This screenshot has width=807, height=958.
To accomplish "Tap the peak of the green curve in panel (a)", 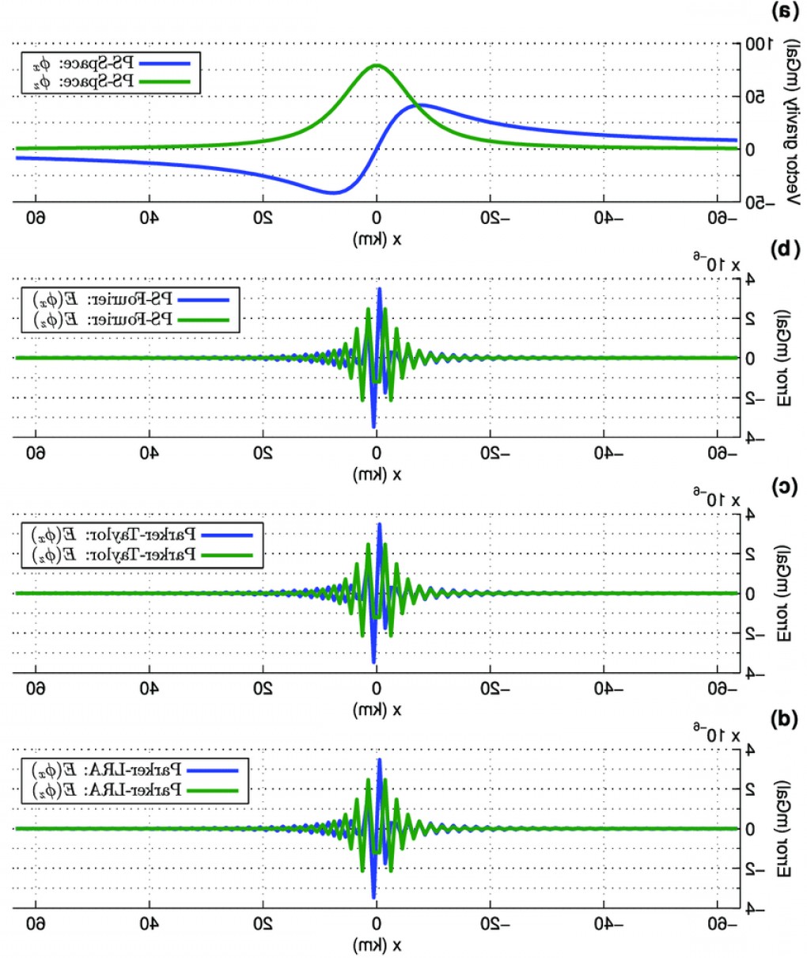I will [377, 66].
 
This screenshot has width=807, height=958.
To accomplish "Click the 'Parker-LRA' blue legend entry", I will [139, 770].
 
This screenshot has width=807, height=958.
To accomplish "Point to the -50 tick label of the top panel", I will [761, 203].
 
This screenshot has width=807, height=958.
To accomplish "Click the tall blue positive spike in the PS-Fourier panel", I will [380, 290].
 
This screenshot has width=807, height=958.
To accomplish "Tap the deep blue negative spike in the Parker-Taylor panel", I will [373, 660].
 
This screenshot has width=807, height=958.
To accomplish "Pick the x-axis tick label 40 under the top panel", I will [148, 218].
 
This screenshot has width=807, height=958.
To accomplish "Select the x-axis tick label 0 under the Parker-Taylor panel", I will [377, 689].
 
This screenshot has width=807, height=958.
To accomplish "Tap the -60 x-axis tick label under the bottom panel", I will [719, 924].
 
